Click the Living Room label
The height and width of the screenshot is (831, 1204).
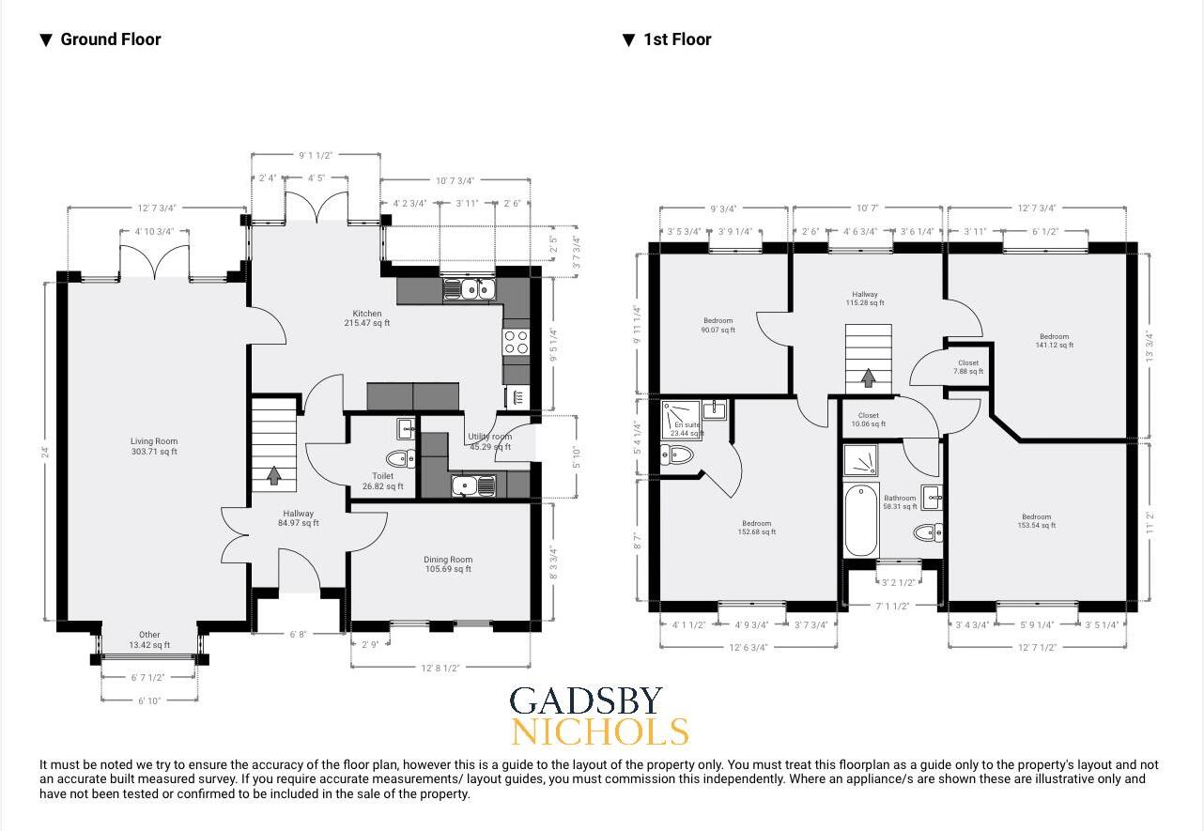pyautogui.click(x=154, y=446)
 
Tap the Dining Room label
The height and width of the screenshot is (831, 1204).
pyautogui.click(x=447, y=564)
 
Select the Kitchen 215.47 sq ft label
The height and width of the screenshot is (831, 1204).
pyautogui.click(x=366, y=318)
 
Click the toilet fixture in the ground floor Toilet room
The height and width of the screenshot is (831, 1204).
pyautogui.click(x=401, y=459)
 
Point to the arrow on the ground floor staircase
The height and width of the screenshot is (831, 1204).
pyautogui.click(x=274, y=476)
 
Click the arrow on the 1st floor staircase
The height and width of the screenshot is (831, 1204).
pyautogui.click(x=868, y=377)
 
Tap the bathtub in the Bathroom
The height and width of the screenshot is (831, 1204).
pyautogui.click(x=859, y=521)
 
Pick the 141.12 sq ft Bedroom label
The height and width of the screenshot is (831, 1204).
pyautogui.click(x=1054, y=340)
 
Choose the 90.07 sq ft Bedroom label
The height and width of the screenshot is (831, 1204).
pyautogui.click(x=718, y=325)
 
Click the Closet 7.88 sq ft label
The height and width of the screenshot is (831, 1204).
pyautogui.click(x=968, y=367)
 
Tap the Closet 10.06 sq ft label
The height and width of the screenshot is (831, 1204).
pyautogui.click(x=868, y=419)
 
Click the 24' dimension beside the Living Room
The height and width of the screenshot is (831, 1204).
pyautogui.click(x=43, y=451)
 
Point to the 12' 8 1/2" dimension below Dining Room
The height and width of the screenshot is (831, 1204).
pyautogui.click(x=440, y=668)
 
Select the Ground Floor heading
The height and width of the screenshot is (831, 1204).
pyautogui.click(x=110, y=39)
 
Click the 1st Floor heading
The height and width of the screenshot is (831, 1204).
pyautogui.click(x=676, y=39)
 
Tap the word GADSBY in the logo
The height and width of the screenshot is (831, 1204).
pyautogui.click(x=586, y=701)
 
